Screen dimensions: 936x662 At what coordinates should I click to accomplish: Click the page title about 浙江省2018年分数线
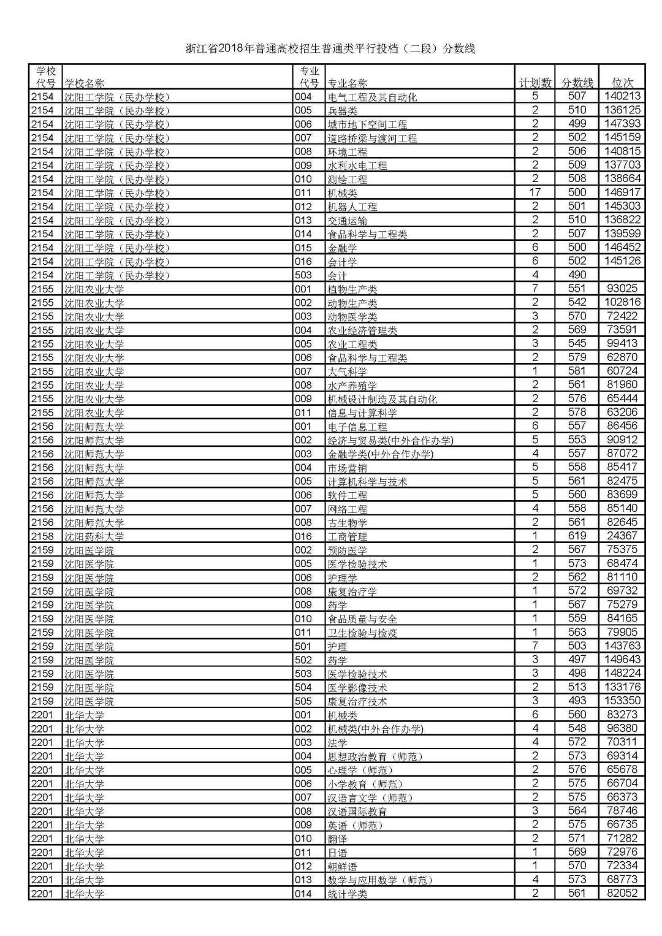pos(330,48)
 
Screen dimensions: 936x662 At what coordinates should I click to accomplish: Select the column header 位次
pos(622,83)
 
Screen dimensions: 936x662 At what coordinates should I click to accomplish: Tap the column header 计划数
pos(535,83)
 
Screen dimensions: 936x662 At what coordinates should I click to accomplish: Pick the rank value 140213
pos(622,96)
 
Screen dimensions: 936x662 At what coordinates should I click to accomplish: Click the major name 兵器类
pos(342,111)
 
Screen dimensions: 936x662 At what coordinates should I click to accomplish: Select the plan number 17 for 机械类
pos(535,192)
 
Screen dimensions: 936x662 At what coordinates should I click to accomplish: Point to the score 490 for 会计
pos(577,275)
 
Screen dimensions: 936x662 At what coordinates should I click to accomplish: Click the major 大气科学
pos(347,371)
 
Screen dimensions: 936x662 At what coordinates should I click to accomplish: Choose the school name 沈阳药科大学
pos(94,536)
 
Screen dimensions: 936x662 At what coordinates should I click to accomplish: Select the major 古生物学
pos(347,523)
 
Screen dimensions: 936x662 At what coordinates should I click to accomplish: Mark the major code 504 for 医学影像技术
pos(303,688)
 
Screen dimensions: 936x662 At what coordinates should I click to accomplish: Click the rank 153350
pos(622,701)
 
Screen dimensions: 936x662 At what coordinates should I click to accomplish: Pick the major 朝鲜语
pos(342,867)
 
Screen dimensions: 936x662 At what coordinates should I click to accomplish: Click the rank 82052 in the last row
pos(622,894)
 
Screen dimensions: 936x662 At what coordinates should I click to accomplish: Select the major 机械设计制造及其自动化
pos(382,399)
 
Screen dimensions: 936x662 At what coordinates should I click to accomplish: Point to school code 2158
pos(43,536)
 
